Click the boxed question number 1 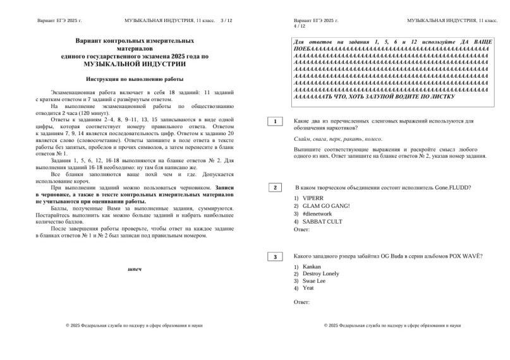point(276,121)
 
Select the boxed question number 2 point(276,188)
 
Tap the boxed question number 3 point(276,256)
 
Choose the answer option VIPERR point(312,198)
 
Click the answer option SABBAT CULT point(322,222)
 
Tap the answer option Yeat point(308,288)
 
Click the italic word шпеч point(135,269)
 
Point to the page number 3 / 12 point(226,21)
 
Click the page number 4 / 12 point(300,27)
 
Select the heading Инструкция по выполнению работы point(135,79)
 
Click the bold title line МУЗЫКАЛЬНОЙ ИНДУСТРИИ point(135,64)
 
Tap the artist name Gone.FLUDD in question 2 point(452,188)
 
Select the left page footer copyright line point(135,326)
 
